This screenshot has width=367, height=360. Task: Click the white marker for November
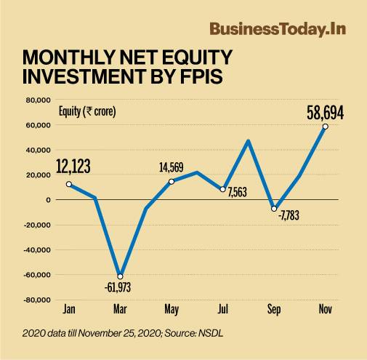click(x=325, y=127)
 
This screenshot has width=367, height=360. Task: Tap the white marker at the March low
click(x=120, y=276)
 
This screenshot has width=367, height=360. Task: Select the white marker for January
click(x=68, y=184)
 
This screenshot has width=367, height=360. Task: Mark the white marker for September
click(x=274, y=209)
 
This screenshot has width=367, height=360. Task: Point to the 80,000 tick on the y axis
click(x=36, y=100)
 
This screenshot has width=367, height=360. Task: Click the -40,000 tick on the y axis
click(x=34, y=249)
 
